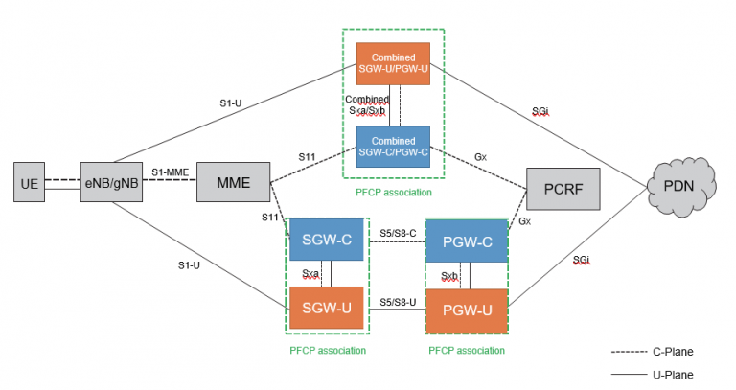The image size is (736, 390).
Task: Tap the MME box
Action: point(234,181)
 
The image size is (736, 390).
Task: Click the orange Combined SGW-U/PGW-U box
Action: point(393,64)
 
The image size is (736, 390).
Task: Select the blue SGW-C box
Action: point(327,240)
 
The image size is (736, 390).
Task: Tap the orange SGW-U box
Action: point(327,307)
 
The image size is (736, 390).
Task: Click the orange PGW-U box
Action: point(466,310)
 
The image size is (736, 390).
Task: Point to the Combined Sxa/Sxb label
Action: point(367,105)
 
